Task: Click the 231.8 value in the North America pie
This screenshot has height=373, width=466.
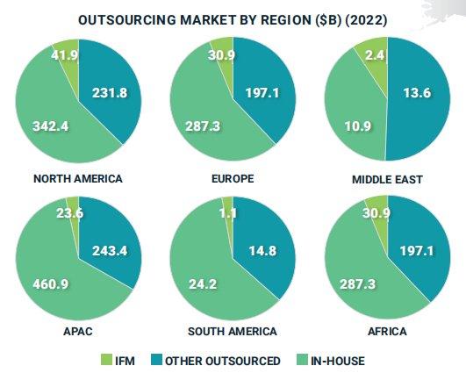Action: tap(110, 93)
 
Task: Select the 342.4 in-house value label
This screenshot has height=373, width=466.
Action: tap(51, 126)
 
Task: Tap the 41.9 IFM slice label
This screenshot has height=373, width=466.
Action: tap(64, 55)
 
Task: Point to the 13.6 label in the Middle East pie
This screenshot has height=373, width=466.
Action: tap(417, 93)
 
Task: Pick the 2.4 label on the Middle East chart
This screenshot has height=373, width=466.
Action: tap(375, 55)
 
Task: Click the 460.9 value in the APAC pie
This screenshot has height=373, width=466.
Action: tap(51, 283)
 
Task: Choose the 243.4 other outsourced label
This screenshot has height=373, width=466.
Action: tap(110, 251)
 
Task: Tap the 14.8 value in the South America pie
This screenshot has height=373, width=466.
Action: tap(262, 251)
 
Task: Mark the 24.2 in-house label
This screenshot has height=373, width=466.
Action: tap(203, 283)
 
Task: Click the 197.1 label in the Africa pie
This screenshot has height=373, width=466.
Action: tap(417, 251)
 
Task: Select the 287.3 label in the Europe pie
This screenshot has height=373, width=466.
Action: tap(203, 126)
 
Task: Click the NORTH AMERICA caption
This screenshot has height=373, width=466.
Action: tap(78, 179)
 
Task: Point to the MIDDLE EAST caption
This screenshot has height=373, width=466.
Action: tap(387, 180)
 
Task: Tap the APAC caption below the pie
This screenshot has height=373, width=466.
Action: tap(78, 331)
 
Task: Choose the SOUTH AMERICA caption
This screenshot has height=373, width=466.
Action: tap(233, 331)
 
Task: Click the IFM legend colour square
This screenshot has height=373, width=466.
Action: tap(106, 360)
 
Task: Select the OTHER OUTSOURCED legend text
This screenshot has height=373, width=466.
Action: tap(223, 361)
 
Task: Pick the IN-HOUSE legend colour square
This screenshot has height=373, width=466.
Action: tap(303, 360)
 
